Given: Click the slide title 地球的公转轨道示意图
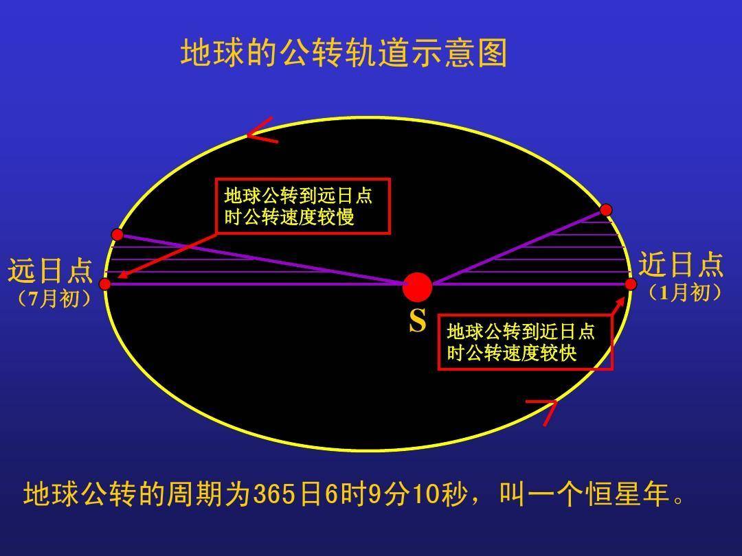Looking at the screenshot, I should click(x=344, y=53).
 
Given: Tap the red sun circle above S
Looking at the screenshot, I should click(x=417, y=287).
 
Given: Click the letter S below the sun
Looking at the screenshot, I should click(x=417, y=321).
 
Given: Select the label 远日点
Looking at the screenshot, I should click(x=50, y=271).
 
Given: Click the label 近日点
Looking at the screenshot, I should click(x=681, y=264).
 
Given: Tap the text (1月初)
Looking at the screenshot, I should click(x=684, y=293).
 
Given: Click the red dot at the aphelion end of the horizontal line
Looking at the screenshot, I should click(x=105, y=284).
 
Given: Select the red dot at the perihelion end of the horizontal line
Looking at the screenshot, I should click(x=631, y=283).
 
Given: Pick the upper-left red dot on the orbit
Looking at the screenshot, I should click(x=117, y=235).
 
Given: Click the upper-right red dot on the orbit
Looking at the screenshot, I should click(x=606, y=209).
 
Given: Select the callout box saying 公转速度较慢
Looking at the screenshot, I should click(x=302, y=206).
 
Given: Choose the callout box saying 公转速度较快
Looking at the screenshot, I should click(x=525, y=343).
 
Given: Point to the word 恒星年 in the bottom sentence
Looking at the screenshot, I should click(x=628, y=494).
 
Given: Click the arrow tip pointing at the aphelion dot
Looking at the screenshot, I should click(x=119, y=278).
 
